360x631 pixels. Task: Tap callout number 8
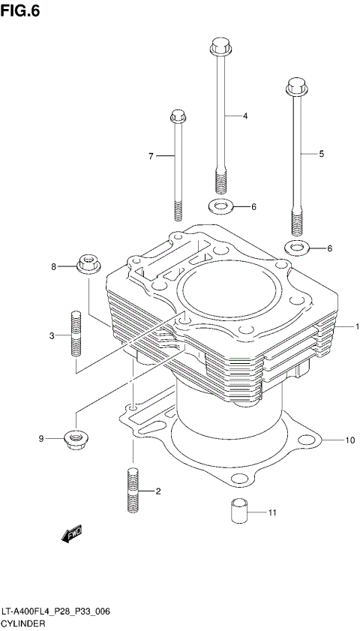pos(53,266)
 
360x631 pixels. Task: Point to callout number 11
pos(273,513)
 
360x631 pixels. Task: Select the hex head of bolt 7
pos(178,116)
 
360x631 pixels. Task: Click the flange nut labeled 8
pos(88,266)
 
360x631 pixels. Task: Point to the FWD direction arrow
pos(72,534)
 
